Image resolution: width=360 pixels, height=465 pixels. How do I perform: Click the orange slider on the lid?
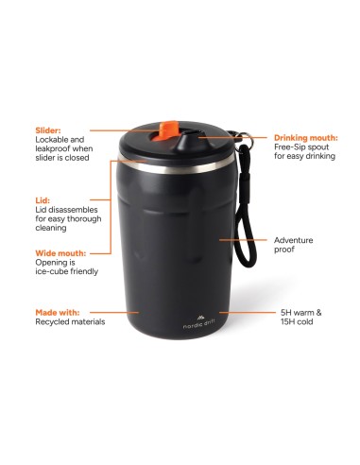coord(163,130)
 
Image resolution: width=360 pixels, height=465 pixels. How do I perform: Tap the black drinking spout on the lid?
coord(188,141)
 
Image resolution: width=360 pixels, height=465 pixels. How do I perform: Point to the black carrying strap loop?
coord(245,205)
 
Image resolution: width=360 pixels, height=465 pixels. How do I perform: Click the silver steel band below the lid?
coord(177,164)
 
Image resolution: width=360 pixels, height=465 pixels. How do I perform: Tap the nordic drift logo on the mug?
coord(199,322)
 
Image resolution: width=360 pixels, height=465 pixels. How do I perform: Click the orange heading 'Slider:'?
coord(48,130)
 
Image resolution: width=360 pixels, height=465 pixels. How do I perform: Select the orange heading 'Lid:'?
coord(43,200)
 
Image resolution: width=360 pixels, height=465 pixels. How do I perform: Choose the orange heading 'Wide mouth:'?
coord(60,253)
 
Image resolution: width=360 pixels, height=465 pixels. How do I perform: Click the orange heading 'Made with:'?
coord(58,313)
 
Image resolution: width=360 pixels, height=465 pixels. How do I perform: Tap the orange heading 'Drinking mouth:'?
coord(306,138)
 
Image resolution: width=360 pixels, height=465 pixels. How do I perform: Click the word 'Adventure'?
coord(293,240)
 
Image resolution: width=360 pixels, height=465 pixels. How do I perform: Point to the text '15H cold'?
coord(297,321)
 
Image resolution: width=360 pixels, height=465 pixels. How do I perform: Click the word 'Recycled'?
coord(52,321)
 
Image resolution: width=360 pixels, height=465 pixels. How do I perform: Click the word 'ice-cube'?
coord(50,271)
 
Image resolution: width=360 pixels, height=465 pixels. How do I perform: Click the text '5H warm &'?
coord(301,313)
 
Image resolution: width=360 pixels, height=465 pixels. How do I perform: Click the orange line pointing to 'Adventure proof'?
coord(243,240)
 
